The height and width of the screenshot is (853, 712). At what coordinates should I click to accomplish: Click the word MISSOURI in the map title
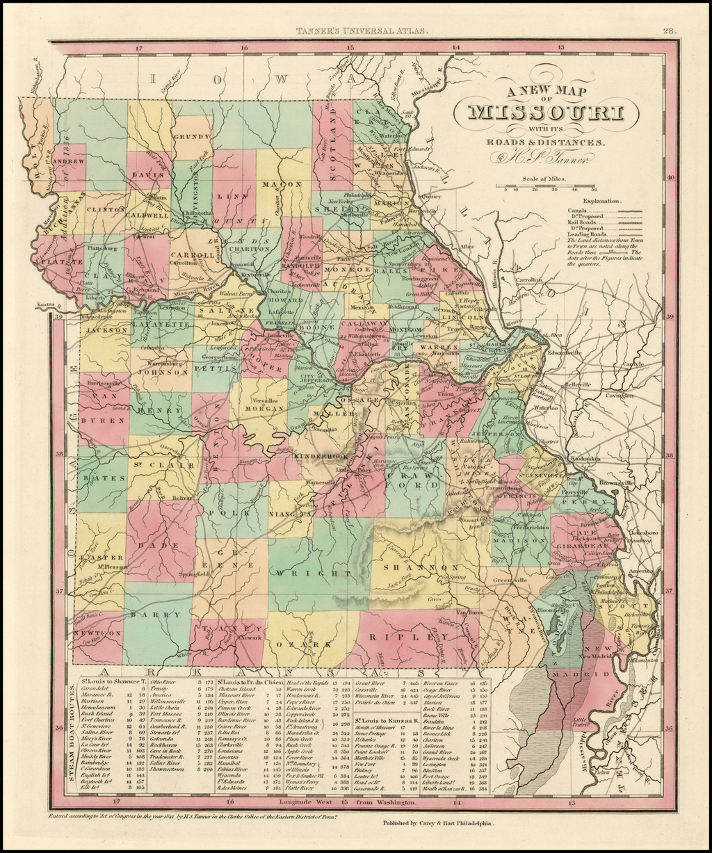point(545,113)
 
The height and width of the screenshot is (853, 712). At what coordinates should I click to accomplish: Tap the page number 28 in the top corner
point(669,31)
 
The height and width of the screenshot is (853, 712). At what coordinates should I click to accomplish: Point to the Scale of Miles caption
point(546,179)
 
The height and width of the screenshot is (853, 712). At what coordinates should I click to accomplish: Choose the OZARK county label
point(306,644)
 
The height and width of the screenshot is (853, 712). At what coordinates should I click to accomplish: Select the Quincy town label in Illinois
point(431,197)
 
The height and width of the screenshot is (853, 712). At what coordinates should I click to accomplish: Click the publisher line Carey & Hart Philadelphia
point(438,822)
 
